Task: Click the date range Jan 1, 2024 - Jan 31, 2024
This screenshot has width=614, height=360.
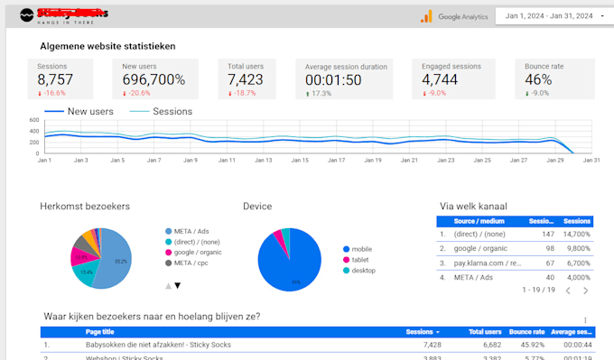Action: click(x=549, y=16)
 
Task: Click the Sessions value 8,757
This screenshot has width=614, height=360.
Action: click(x=54, y=79)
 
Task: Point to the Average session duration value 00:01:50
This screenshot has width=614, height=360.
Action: click(x=333, y=79)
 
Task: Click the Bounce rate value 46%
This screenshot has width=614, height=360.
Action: click(x=540, y=79)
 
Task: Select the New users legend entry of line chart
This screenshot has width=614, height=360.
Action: click(x=82, y=112)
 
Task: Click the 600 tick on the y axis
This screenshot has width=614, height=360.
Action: click(x=33, y=120)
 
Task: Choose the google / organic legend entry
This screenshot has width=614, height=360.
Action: click(x=200, y=252)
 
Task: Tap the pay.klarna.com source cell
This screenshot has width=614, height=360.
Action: click(x=488, y=263)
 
